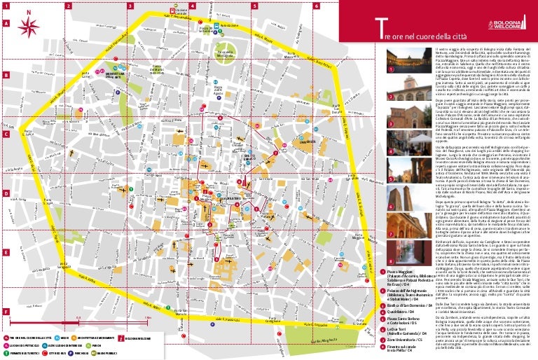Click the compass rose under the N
click(29, 27)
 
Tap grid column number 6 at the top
click(316, 5)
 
